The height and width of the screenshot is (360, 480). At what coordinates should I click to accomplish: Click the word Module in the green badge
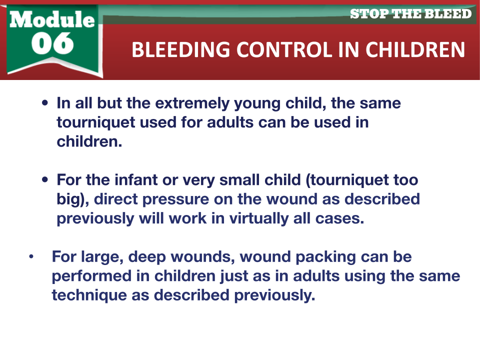point(52,19)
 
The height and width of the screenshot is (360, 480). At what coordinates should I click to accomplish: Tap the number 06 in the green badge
point(52,43)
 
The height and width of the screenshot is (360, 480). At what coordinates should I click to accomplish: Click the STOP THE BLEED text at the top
point(410,14)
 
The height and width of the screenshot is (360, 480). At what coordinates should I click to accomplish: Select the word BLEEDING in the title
point(181,49)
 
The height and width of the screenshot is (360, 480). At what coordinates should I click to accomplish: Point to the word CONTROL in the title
point(284,49)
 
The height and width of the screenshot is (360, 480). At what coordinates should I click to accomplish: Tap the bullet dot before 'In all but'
point(45,103)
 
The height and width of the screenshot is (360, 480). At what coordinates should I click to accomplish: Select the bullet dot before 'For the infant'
point(45,179)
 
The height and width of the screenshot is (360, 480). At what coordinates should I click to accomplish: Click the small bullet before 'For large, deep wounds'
point(31,256)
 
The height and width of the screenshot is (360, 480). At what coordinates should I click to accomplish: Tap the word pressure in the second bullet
point(175,200)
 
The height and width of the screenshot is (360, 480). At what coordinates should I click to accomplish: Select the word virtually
point(259,219)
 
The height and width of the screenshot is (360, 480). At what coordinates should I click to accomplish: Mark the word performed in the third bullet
point(91,276)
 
